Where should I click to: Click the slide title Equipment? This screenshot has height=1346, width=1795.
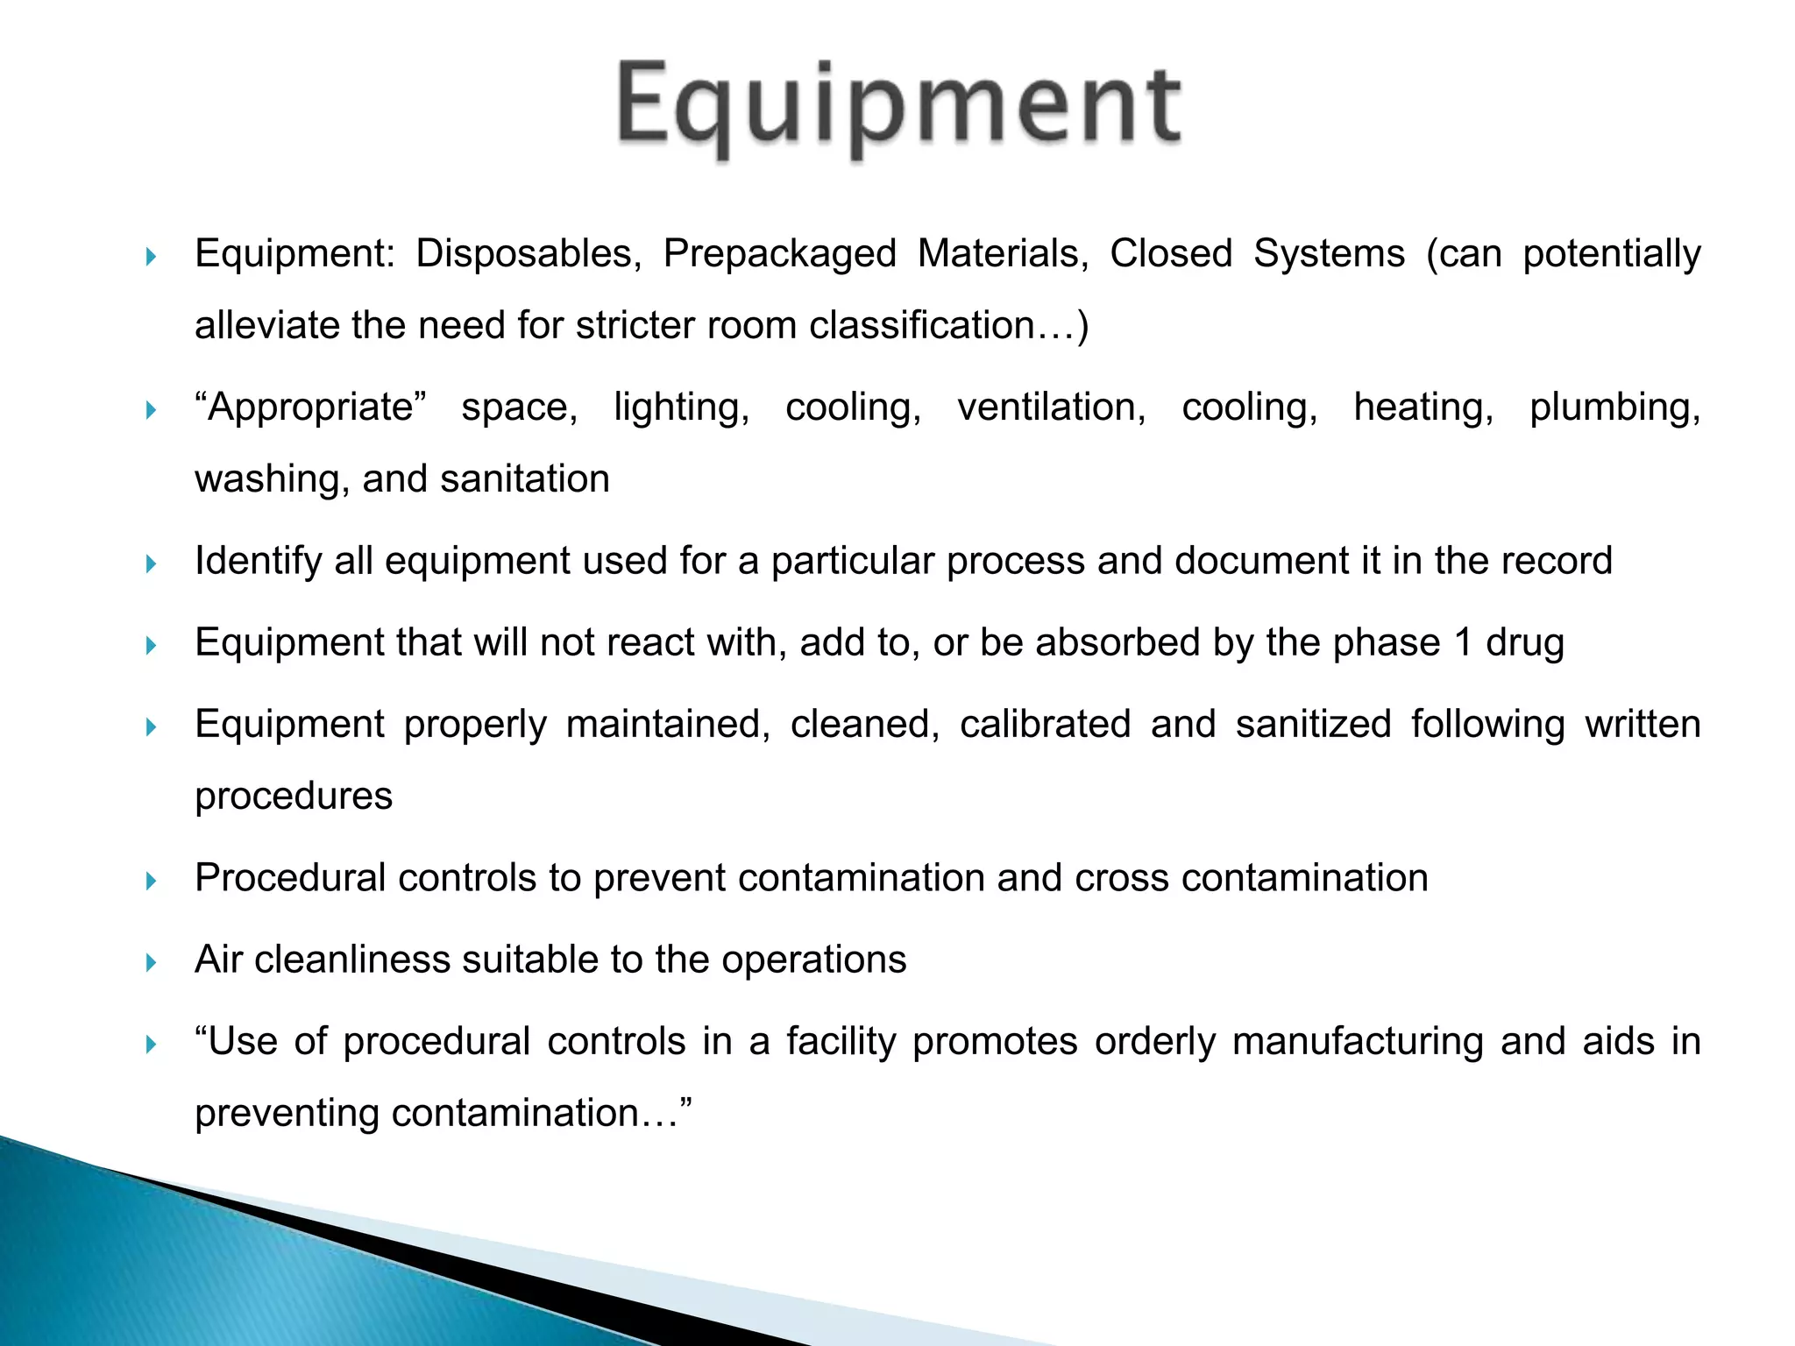tap(899, 107)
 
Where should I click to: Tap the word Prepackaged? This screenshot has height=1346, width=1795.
tap(779, 254)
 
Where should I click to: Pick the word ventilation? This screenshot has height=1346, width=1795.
tap(1051, 407)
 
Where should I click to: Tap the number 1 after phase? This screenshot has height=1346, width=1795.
tap(1463, 643)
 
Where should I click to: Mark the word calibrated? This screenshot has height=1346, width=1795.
tap(1045, 725)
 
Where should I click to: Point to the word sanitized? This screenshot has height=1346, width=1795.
tap(1313, 725)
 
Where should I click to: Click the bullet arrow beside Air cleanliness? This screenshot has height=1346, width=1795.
tap(151, 963)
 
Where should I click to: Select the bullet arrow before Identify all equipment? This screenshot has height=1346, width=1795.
tap(151, 563)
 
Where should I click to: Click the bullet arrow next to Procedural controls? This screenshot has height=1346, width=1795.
tap(151, 881)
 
